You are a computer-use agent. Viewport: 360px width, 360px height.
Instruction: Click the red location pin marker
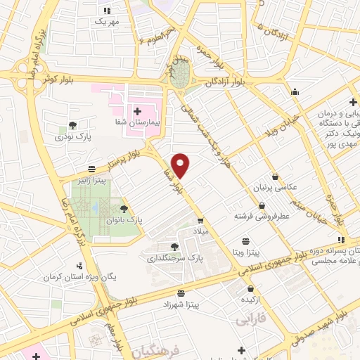(181, 165)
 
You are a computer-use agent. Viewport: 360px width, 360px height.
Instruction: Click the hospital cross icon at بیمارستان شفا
(138, 111)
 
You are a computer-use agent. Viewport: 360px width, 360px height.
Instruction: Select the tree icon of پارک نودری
(72, 125)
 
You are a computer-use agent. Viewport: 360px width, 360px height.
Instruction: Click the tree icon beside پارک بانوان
(124, 208)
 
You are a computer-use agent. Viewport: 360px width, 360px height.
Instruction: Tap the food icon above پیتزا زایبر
(92, 169)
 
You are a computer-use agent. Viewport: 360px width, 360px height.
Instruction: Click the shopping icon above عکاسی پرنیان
(275, 176)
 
